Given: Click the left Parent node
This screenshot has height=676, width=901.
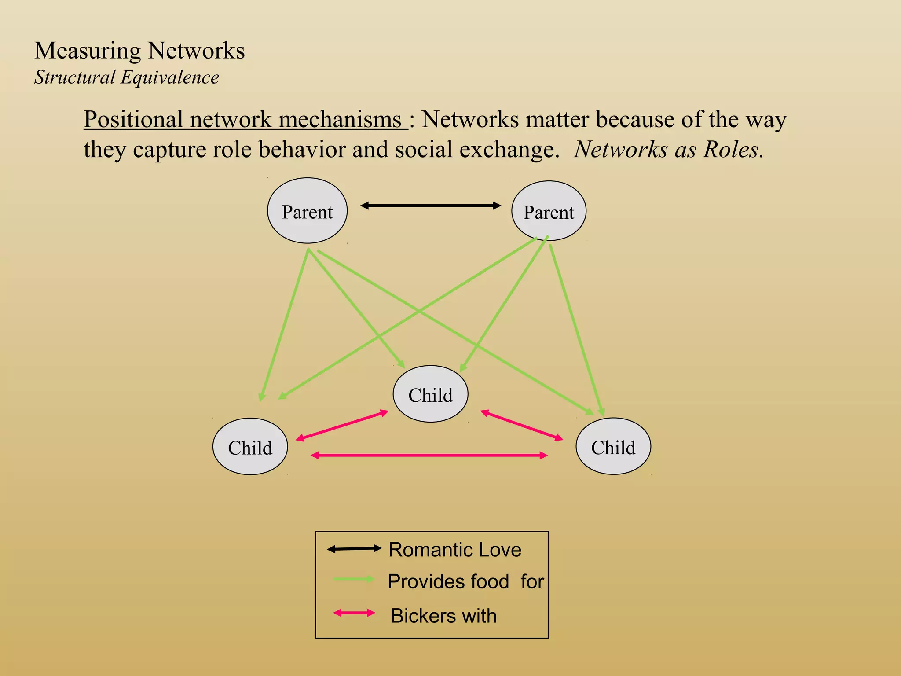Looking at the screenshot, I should (307, 211).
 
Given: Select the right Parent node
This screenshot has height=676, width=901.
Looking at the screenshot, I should (549, 211).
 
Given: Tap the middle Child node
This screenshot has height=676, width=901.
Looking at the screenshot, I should (430, 394).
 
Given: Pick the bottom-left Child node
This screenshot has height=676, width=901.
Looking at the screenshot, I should (250, 446).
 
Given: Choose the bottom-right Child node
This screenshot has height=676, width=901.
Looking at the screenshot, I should (613, 446).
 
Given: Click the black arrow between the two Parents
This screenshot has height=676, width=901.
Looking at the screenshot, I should (430, 206).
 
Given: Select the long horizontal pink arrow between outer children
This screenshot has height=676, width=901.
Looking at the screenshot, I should (429, 456).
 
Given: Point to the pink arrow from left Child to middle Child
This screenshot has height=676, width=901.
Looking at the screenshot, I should (342, 425).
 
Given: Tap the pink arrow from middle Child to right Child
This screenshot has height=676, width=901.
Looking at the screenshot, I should (522, 425).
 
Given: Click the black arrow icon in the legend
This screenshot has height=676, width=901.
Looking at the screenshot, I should (354, 549).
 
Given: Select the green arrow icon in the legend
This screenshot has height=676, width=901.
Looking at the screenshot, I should (354, 579).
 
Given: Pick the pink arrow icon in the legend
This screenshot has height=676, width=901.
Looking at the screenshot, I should (354, 613).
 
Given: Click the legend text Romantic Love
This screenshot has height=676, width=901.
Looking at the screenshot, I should (455, 550).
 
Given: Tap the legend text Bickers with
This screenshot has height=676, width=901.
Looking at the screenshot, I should (443, 616).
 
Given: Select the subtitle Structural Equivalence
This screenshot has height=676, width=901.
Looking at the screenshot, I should (127, 77).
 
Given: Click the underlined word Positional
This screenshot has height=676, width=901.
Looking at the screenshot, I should (133, 119).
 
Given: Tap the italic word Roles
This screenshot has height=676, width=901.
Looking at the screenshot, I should (733, 149).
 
